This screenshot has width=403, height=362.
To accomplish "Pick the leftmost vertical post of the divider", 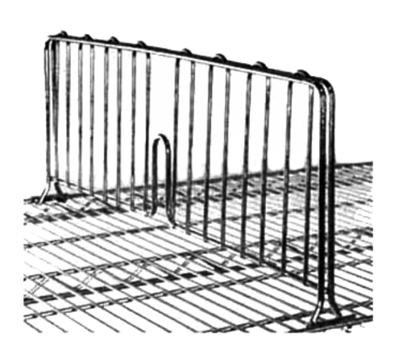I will coord(48,113).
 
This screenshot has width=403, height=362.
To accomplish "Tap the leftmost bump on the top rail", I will coord(63,34).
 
